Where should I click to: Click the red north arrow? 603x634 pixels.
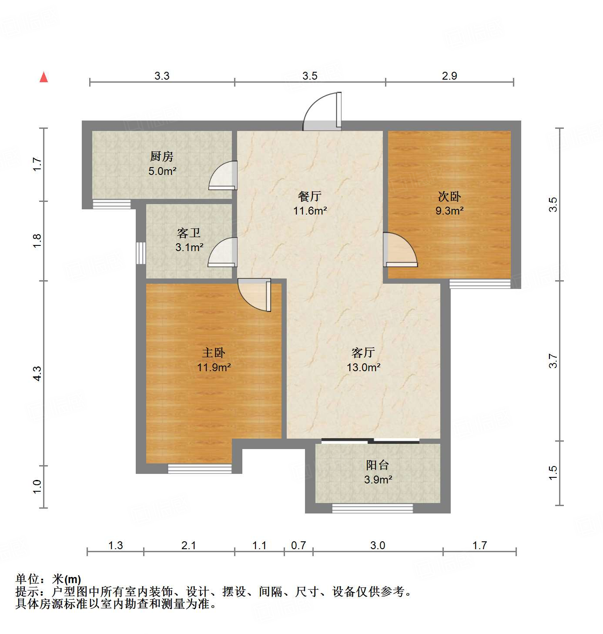44,77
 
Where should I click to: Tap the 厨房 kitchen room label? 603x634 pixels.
162,156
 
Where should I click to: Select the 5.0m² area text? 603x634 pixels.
162,171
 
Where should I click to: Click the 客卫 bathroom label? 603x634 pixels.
189,233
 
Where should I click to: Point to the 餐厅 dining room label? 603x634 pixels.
310,196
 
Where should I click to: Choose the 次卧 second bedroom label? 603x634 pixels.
449,196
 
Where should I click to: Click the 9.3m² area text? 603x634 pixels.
450,211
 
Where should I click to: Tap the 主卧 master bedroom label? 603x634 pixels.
214,352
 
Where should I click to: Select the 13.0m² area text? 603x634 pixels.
364,367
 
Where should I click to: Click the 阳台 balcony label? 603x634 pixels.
378,465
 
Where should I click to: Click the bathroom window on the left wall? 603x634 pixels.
141,253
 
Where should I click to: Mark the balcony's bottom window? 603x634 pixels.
372,508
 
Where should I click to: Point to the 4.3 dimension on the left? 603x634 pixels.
37,374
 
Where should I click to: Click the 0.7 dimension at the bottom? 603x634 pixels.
298,545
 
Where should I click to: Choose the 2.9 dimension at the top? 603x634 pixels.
449,76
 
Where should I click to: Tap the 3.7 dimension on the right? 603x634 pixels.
553,361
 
